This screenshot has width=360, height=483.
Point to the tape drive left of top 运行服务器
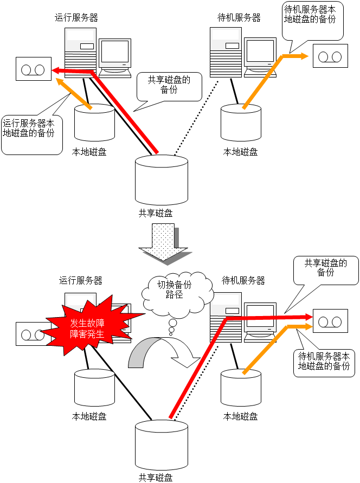(x=33, y=69)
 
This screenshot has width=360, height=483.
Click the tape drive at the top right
(x=330, y=56)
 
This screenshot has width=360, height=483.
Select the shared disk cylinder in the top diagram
(x=162, y=179)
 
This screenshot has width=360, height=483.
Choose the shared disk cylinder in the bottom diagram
(x=162, y=442)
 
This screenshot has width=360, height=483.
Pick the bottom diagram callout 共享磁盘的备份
(x=325, y=269)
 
